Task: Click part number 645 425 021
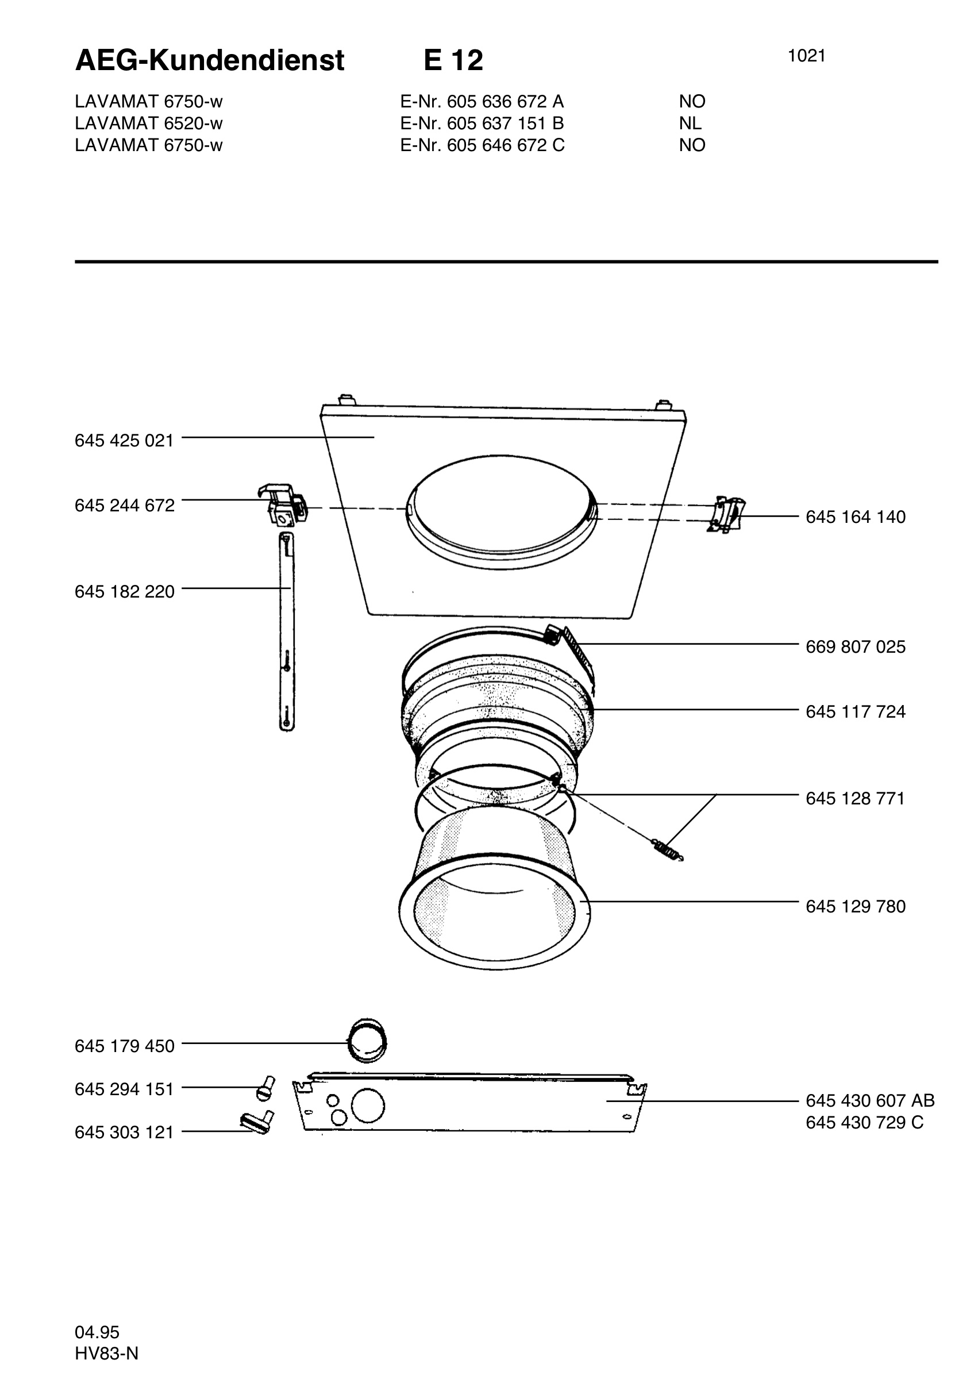[x=124, y=441]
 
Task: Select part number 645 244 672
[x=124, y=506]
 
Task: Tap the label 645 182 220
[x=124, y=592]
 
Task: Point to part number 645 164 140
[x=856, y=517]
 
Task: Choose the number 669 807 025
[x=856, y=647]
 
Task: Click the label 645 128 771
[x=855, y=799]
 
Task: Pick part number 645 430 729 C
[x=865, y=1123]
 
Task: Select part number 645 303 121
[x=124, y=1133]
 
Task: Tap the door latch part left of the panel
[x=282, y=503]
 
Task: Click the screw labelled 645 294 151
[x=265, y=1089]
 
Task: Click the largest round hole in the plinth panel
[x=368, y=1105]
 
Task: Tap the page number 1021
[x=806, y=56]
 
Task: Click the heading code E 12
[x=453, y=61]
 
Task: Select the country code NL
[x=691, y=124]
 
